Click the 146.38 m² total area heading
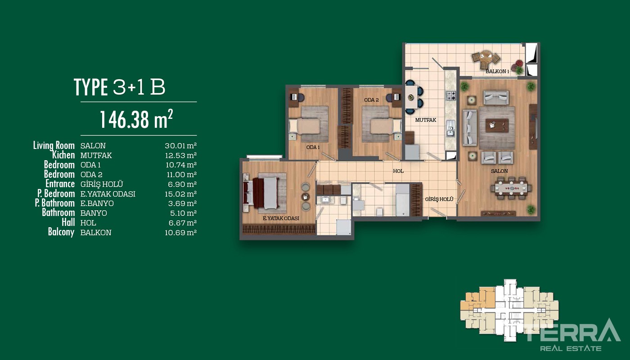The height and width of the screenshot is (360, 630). click(x=136, y=119)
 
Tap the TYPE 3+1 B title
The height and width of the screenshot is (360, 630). click(x=119, y=87)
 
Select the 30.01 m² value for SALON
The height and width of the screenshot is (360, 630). click(x=180, y=146)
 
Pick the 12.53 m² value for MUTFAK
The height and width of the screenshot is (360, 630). click(x=180, y=155)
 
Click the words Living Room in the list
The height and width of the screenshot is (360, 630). click(x=54, y=145)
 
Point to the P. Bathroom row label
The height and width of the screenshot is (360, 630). click(x=55, y=203)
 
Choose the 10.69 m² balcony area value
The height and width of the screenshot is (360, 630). click(x=180, y=233)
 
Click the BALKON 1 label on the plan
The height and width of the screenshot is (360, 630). click(x=497, y=72)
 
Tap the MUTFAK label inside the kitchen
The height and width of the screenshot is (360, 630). click(x=426, y=120)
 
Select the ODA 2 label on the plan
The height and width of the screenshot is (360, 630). click(x=371, y=100)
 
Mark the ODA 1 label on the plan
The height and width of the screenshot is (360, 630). click(x=313, y=148)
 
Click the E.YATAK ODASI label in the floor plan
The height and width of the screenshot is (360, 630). click(x=281, y=218)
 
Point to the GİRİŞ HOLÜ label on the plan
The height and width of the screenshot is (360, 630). click(x=439, y=199)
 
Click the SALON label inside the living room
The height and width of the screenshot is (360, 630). click(x=499, y=171)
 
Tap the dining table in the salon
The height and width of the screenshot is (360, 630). click(x=511, y=188)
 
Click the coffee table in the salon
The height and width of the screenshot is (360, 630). click(x=497, y=126)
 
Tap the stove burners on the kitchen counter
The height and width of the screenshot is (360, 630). click(x=451, y=95)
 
